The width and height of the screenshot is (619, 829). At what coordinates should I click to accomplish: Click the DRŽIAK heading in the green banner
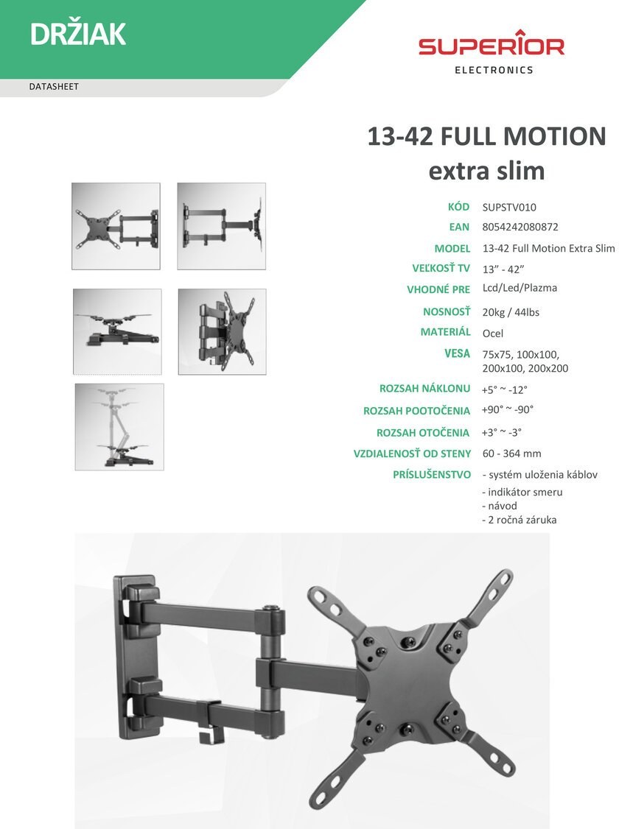(78, 34)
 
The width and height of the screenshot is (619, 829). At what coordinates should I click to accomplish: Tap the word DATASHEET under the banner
(54, 87)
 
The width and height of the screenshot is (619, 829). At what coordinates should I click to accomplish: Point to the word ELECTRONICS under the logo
(494, 70)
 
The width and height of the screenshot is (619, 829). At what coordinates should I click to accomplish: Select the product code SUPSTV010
(509, 208)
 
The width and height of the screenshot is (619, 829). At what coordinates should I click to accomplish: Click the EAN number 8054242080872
(520, 227)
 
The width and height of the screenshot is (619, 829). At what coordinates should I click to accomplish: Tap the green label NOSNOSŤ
(447, 311)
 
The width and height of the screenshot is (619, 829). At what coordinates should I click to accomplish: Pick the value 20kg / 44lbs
(511, 312)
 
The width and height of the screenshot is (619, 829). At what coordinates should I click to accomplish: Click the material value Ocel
(492, 333)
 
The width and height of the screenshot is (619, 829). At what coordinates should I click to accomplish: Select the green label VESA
(457, 353)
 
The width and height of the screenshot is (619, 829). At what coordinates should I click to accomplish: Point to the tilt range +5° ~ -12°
(505, 389)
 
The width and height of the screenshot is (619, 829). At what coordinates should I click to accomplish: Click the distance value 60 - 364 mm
(511, 453)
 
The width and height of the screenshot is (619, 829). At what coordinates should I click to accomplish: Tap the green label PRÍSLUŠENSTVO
(432, 474)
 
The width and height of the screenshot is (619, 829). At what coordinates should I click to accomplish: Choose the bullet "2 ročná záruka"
(519, 520)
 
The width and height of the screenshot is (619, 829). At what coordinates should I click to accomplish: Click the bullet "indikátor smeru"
(522, 492)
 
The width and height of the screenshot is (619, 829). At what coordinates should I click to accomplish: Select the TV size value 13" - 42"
(503, 269)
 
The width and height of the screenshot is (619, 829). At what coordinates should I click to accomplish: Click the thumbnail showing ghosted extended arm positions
(119, 427)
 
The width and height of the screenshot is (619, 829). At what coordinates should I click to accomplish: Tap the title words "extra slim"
(486, 171)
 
